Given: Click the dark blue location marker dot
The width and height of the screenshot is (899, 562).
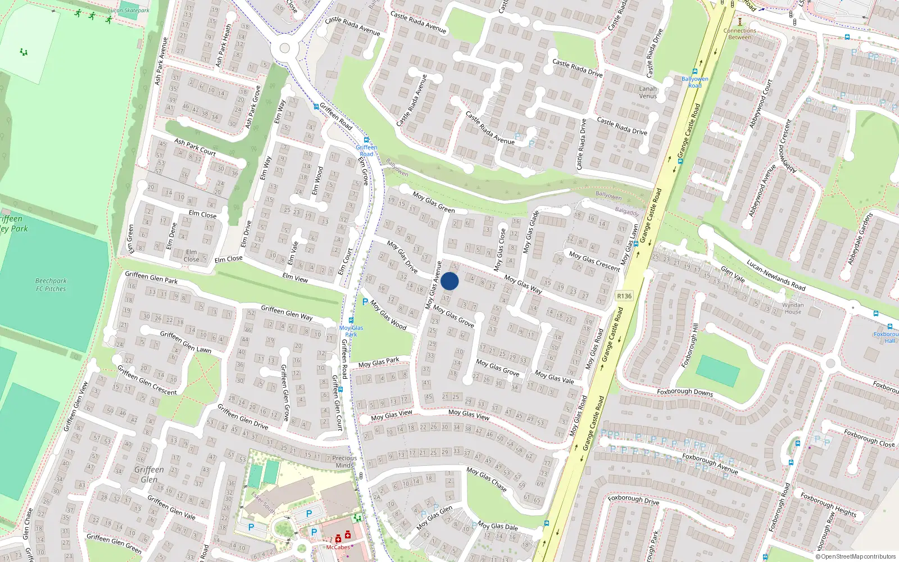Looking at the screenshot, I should (449, 281).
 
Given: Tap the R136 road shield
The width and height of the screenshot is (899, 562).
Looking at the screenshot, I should (624, 296).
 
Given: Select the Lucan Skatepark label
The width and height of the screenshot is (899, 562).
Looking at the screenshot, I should (129, 10).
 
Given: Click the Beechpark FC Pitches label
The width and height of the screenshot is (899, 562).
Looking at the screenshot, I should (51, 285).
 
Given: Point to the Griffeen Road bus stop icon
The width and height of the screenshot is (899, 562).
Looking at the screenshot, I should (366, 140).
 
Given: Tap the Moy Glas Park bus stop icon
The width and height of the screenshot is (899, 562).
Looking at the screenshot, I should (351, 320).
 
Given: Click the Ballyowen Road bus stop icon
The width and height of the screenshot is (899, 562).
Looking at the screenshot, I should (695, 72).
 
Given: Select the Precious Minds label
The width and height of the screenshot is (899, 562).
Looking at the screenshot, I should (344, 461).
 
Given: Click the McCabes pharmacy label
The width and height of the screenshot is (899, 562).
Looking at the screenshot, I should (338, 547).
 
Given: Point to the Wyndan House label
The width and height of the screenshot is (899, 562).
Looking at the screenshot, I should (793, 308).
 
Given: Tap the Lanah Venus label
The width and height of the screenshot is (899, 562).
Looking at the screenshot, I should (648, 92).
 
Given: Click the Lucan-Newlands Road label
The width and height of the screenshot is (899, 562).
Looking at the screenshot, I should (776, 275).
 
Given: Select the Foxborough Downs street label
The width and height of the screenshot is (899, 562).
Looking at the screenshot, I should (685, 392).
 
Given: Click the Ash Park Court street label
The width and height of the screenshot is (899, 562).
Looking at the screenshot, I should (195, 147).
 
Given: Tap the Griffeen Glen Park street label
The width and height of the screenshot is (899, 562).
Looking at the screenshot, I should (151, 277).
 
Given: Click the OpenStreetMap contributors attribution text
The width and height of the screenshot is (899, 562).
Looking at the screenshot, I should (858, 557).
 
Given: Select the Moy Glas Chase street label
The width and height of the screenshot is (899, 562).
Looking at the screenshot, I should (487, 479).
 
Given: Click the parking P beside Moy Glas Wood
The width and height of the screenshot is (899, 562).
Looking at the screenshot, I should (365, 302).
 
